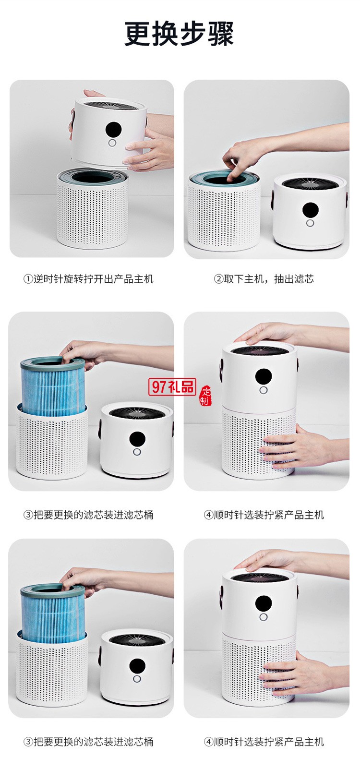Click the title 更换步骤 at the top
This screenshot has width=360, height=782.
pyautogui.click(x=179, y=34)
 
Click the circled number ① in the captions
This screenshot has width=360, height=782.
pyautogui.click(x=28, y=279)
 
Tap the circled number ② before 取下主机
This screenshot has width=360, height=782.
pyautogui.click(x=218, y=279)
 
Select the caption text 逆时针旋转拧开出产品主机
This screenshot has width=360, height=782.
pyautogui.click(x=94, y=279)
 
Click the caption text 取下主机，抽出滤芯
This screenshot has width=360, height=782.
pyautogui.click(x=269, y=279)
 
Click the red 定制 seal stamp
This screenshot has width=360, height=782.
pyautogui.click(x=205, y=395)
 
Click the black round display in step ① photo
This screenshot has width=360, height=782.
pyautogui.click(x=113, y=129)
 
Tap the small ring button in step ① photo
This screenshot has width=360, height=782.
pyautogui.click(x=112, y=143)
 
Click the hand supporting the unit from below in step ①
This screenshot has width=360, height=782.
pyautogui.click(x=149, y=151)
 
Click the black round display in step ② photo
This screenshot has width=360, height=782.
pyautogui.click(x=310, y=209)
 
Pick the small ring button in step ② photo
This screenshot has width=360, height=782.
pyautogui.click(x=310, y=223)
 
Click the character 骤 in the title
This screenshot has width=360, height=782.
pyautogui.click(x=221, y=34)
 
